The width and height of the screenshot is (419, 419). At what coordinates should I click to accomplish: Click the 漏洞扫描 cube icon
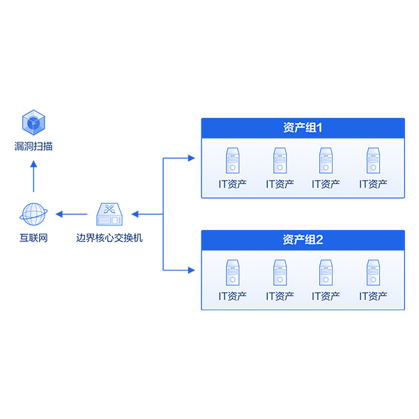pyautogui.click(x=33, y=122)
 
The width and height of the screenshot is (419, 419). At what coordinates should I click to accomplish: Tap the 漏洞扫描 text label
pyautogui.click(x=33, y=146)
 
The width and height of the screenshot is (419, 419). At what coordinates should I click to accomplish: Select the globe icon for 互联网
pyautogui.click(x=33, y=213)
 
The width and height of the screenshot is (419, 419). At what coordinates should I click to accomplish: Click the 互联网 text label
pyautogui.click(x=33, y=238)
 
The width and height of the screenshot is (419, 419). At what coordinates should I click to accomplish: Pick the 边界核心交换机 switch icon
pyautogui.click(x=109, y=213)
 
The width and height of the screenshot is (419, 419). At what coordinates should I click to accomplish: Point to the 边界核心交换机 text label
pyautogui.click(x=109, y=238)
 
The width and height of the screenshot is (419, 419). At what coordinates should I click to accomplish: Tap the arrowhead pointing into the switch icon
pyautogui.click(x=135, y=213)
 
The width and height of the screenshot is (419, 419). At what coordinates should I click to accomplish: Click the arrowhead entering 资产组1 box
pyautogui.click(x=192, y=158)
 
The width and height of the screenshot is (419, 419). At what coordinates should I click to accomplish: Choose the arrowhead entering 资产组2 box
pyautogui.click(x=192, y=269)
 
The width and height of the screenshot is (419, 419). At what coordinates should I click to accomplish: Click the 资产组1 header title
pyautogui.click(x=303, y=128)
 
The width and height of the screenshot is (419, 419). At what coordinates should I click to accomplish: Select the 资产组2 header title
pyautogui.click(x=303, y=240)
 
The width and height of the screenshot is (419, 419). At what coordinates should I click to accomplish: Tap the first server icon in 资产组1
pyautogui.click(x=232, y=160)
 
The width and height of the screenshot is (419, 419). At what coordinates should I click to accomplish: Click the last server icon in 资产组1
pyautogui.click(x=373, y=160)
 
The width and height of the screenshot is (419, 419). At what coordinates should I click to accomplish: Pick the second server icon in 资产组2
pyautogui.click(x=280, y=273)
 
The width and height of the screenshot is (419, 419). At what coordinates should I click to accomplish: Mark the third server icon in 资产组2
pyautogui.click(x=326, y=273)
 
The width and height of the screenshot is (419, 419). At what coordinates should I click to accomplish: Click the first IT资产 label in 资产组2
pyautogui.click(x=232, y=296)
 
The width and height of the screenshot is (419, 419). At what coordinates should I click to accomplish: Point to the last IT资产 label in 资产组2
pyautogui.click(x=373, y=296)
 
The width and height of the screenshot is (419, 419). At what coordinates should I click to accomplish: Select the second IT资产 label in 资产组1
pyautogui.click(x=280, y=184)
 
